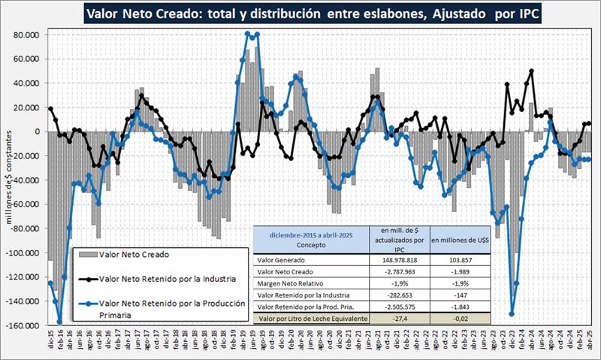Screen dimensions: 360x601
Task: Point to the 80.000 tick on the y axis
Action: pos(25,35)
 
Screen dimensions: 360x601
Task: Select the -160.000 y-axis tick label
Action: pos(23,325)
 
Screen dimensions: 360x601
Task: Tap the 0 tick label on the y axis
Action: pos(35,132)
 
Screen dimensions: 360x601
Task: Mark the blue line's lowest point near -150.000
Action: pos(512,314)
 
